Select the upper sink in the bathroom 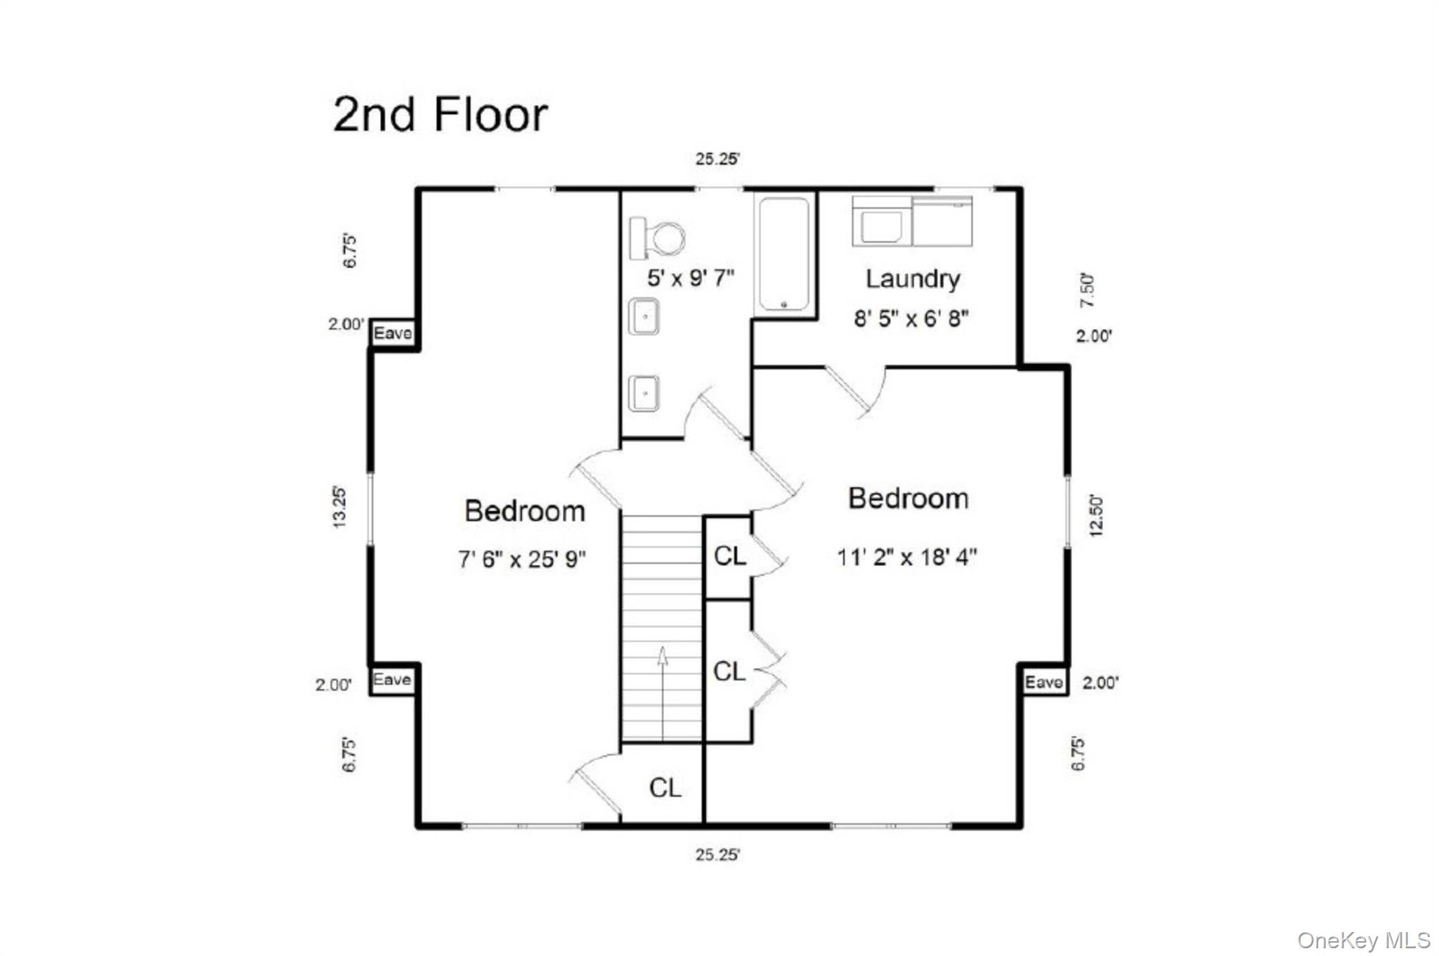[644, 316]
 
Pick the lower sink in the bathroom [644, 393]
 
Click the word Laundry [912, 279]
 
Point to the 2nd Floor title [440, 115]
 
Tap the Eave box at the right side [1043, 682]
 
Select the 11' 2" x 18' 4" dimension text [906, 558]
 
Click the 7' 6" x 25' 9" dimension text [522, 560]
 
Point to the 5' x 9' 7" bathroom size [691, 278]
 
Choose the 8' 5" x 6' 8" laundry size [911, 319]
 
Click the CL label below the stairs [665, 788]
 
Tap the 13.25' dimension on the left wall [339, 507]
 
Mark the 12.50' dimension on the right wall [1096, 517]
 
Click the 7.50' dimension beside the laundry [1087, 290]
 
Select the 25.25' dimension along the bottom [717, 855]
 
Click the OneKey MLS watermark [1363, 940]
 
